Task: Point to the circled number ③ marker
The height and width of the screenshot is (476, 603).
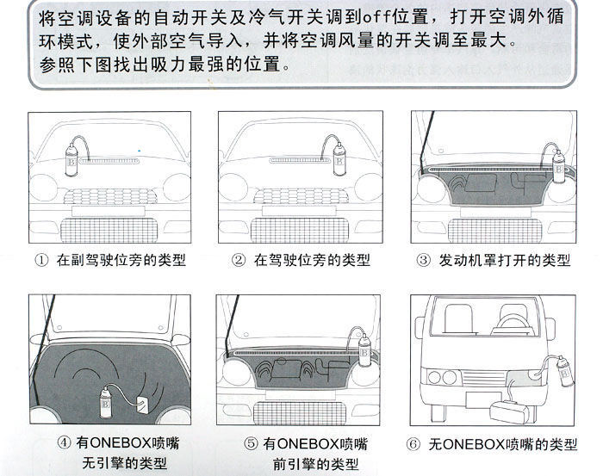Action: click(x=423, y=259)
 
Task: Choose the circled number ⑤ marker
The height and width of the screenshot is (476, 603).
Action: click(x=249, y=443)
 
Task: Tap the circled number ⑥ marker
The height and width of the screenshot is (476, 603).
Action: click(x=414, y=443)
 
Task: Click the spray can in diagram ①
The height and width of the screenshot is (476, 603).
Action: click(x=71, y=159)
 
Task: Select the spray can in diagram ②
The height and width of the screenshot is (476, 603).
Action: click(x=339, y=160)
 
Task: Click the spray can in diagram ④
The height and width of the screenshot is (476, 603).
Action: click(x=107, y=399)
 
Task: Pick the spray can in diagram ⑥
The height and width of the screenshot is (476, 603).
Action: click(x=564, y=373)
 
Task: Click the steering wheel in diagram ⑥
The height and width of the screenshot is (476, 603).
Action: click(x=515, y=323)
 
